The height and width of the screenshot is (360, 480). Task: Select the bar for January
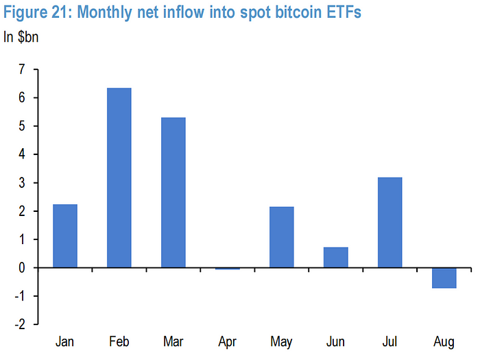pos(65,236)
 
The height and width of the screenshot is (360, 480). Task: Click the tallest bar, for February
pos(119,178)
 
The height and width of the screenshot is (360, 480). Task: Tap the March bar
pos(173,193)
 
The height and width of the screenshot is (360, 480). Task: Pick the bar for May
pos(282,237)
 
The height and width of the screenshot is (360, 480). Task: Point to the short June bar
pos(336,257)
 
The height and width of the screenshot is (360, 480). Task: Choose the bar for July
pos(389,222)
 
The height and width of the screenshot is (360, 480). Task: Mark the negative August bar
pos(444,278)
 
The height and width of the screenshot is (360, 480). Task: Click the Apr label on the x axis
pos(228,341)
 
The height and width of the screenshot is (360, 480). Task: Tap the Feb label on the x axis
pos(119,341)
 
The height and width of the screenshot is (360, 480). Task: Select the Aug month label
pos(444,341)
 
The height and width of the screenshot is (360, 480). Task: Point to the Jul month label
pos(389,341)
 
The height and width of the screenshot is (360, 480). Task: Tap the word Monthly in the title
pos(115,14)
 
